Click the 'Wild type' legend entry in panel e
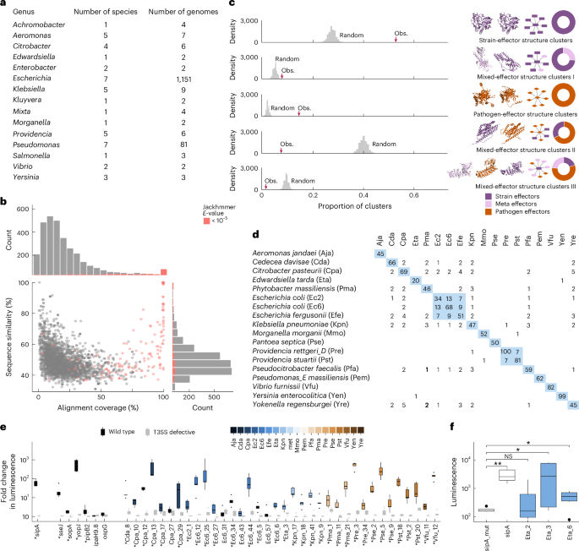tap(127, 431)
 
